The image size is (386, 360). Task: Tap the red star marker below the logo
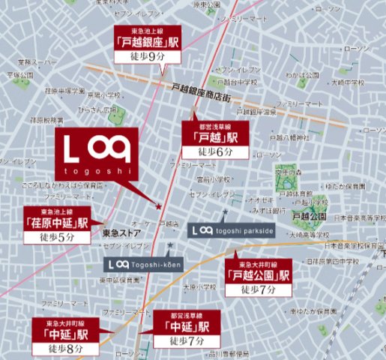click(158, 205)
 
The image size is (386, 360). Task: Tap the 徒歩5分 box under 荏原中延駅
click(57, 237)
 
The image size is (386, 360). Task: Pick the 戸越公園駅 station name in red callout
click(259, 275)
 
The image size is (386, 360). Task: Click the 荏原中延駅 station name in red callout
click(57, 222)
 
